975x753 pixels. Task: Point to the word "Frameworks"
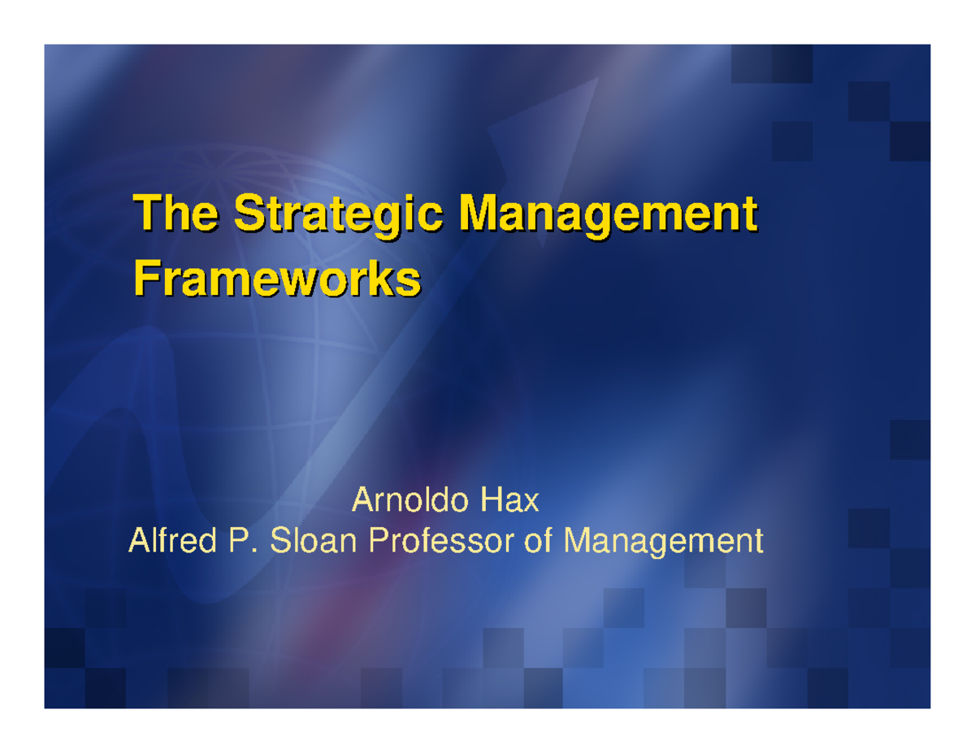[277, 279]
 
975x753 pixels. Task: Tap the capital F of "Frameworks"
[145, 279]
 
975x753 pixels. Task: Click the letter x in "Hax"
[531, 504]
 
